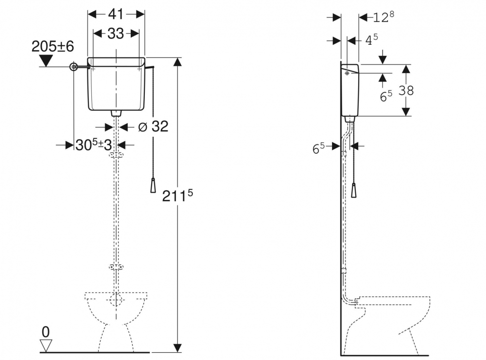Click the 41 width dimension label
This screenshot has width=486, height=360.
pyautogui.click(x=116, y=14)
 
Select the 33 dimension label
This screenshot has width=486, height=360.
pyautogui.click(x=116, y=34)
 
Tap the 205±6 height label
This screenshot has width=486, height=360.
pyautogui.click(x=52, y=47)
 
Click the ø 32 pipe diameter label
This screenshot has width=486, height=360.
pyautogui.click(x=153, y=126)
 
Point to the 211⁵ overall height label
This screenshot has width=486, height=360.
pyautogui.click(x=177, y=196)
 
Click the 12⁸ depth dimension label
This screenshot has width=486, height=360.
pyautogui.click(x=383, y=17)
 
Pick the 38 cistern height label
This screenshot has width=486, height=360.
pyautogui.click(x=406, y=90)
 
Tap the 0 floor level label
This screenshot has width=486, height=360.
pyautogui.click(x=46, y=332)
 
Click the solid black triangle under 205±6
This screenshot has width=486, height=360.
pyautogui.click(x=46, y=60)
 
